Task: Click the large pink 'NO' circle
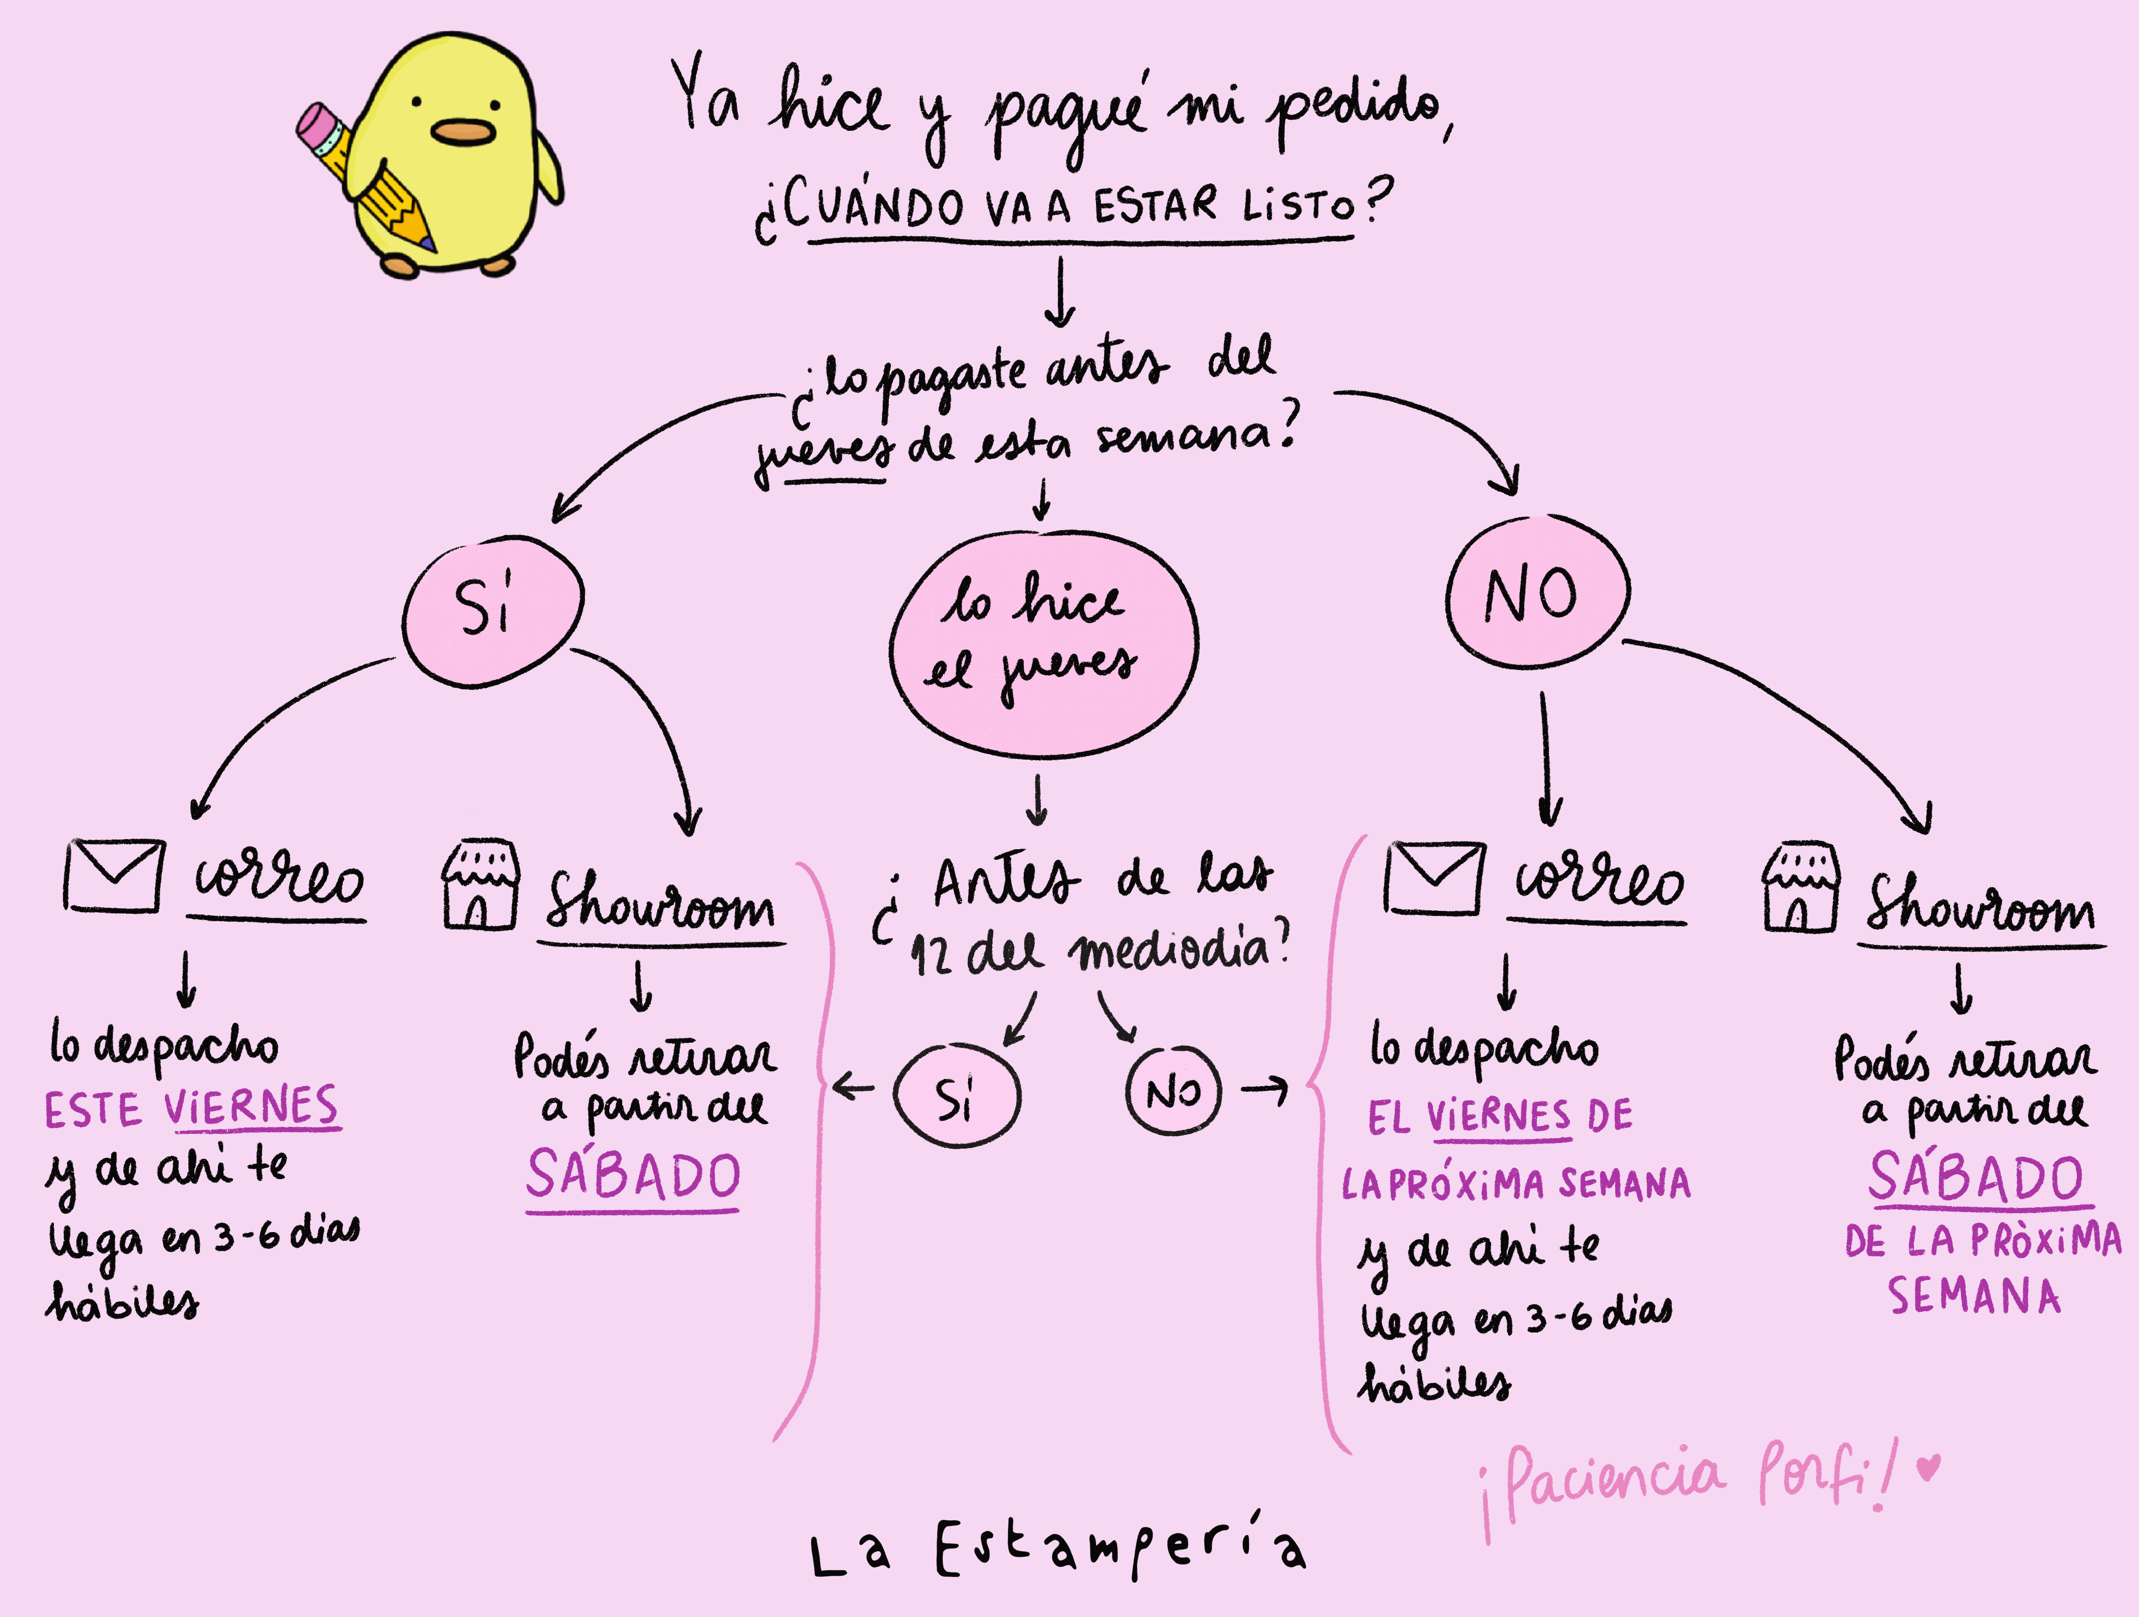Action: (x=1537, y=593)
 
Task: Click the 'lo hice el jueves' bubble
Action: (x=1043, y=643)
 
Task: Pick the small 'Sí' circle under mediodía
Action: (x=956, y=1096)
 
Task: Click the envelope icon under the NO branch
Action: (x=1434, y=877)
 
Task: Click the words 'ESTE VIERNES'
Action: (x=191, y=1107)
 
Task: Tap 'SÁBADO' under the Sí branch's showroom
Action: (x=633, y=1175)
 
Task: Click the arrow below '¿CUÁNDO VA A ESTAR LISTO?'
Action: (x=1061, y=290)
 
